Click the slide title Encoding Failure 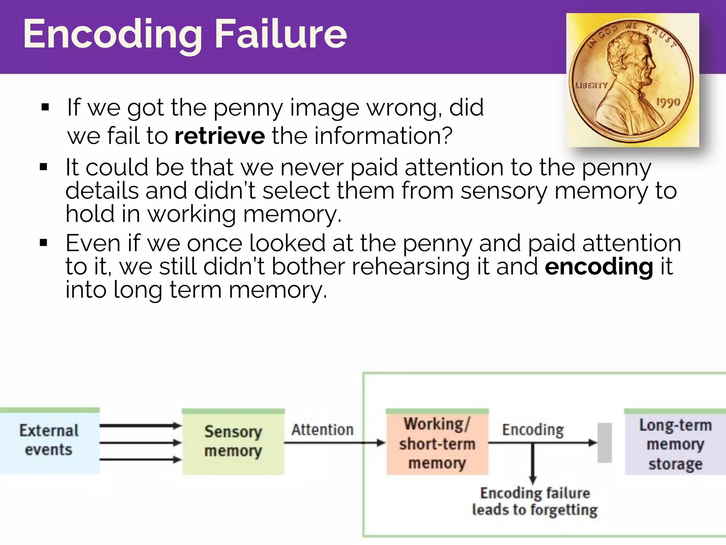pos(184,34)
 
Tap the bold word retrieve pos(220,136)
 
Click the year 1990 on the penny pos(668,103)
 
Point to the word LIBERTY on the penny pos(591,85)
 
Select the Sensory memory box pos(233,441)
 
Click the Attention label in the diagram pos(322,430)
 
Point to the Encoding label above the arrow pos(533,430)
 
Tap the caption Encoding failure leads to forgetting pos(535,501)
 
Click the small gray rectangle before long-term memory pos(604,442)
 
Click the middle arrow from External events pos(140,442)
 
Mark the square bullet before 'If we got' pos(45,107)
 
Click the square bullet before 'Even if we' pos(44,243)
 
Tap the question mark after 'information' pos(447,136)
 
